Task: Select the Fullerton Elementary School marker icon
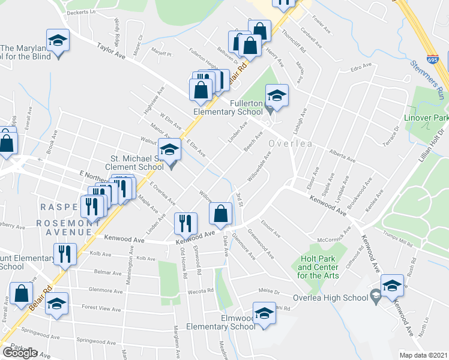click(277, 96)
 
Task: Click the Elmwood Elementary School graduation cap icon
click(264, 314)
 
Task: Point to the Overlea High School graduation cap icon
click(392, 286)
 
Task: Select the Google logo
click(20, 352)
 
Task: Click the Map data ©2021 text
click(423, 355)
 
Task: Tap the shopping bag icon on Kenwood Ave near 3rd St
click(221, 214)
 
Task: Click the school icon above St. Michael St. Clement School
click(170, 149)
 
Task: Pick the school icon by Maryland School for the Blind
click(58, 41)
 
